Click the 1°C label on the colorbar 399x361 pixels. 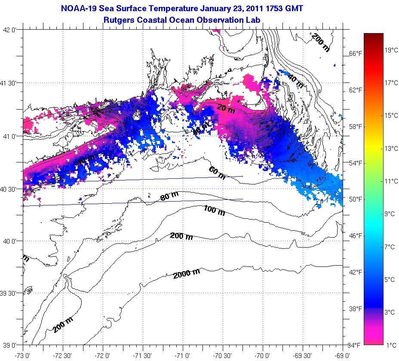click(x=390, y=345)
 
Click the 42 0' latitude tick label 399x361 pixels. click(x=10, y=30)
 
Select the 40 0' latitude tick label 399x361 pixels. click(x=10, y=241)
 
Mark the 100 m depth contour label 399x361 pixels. click(x=214, y=211)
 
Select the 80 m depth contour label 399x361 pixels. click(x=169, y=197)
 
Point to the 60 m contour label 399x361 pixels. click(x=217, y=172)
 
